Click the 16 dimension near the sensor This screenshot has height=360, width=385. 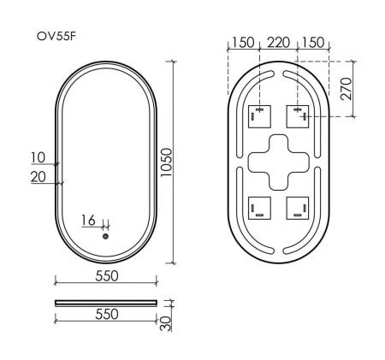click(89, 220)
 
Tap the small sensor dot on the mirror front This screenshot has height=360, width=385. click(105, 235)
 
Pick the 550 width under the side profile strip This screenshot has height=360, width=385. click(105, 315)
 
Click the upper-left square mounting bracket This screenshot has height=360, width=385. click(258, 115)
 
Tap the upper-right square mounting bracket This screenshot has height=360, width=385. click(297, 115)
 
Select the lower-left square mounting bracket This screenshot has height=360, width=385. click(258, 208)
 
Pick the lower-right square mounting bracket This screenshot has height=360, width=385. click(297, 208)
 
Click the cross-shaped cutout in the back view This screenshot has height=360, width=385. click(277, 162)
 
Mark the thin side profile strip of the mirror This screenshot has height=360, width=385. click(105, 302)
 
